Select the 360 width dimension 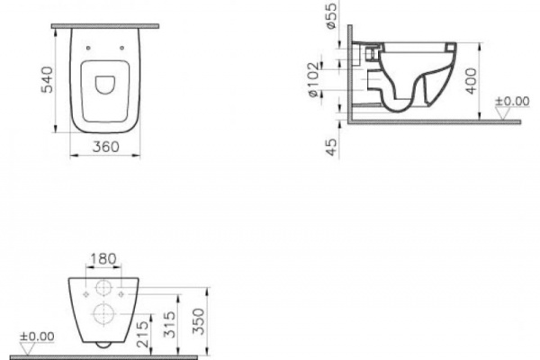tap(105, 147)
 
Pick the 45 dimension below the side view tap(330, 147)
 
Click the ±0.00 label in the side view tap(514, 101)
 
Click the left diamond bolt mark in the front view tap(83, 293)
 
